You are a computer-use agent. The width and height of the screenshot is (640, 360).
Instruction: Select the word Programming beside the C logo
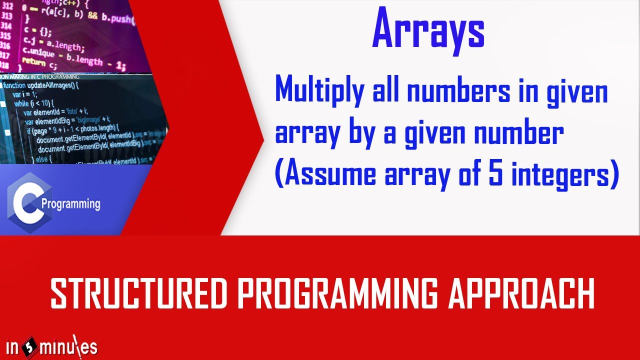click(x=71, y=204)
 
